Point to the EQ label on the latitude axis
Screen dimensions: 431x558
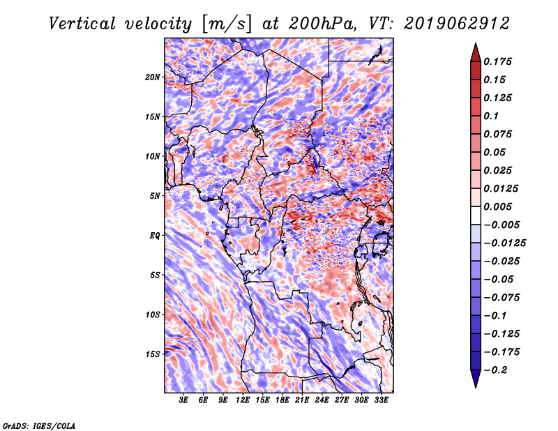[155, 236]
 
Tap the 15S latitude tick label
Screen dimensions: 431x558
[153, 354]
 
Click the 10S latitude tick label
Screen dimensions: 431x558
[153, 315]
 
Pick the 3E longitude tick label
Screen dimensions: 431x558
[184, 400]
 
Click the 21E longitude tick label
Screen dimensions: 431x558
[302, 400]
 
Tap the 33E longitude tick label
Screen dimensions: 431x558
[381, 400]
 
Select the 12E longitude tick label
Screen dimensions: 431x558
[243, 400]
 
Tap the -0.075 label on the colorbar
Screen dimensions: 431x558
[502, 296]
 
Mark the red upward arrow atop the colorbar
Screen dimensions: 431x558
[474, 50]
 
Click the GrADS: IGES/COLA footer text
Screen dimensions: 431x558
[39, 425]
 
